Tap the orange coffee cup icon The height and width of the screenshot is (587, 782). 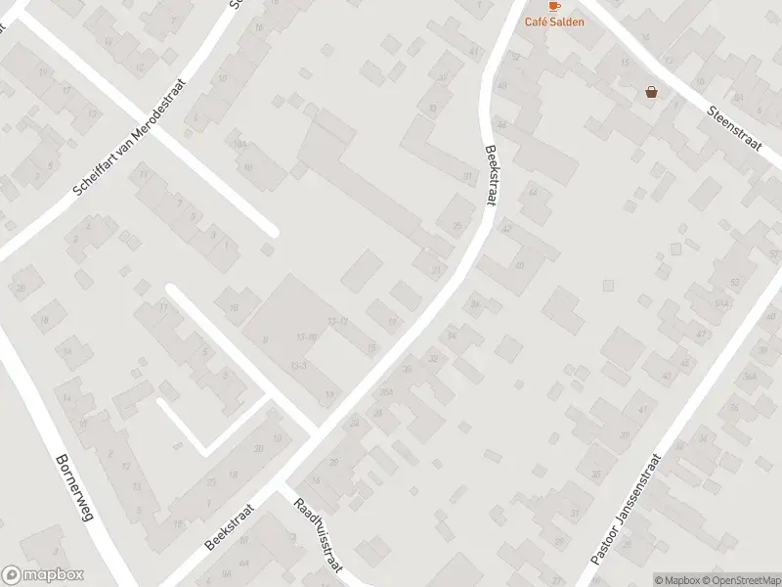[553, 6]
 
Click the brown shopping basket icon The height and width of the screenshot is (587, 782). [651, 93]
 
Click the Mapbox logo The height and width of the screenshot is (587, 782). [43, 575]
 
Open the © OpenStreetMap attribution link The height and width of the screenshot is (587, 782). [740, 580]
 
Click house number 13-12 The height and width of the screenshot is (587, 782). [337, 321]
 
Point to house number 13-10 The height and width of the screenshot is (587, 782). [306, 338]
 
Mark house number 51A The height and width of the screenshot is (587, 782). [722, 305]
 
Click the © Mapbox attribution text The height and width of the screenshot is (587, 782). [677, 580]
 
